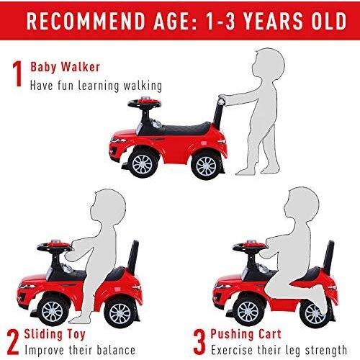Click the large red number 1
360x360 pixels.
click(x=17, y=73)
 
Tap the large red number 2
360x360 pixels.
click(x=13, y=342)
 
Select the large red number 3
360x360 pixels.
click(x=199, y=342)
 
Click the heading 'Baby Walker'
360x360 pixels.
click(x=65, y=67)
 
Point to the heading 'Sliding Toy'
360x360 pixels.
click(x=55, y=335)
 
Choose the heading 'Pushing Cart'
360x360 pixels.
click(x=246, y=334)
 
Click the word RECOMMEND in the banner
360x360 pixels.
click(x=86, y=21)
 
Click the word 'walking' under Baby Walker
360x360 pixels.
click(x=143, y=86)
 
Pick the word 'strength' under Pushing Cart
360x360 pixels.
click(x=326, y=351)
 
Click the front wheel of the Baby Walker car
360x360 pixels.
click(x=143, y=163)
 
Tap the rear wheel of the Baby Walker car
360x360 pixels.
click(x=206, y=166)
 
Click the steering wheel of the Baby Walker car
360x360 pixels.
click(x=145, y=103)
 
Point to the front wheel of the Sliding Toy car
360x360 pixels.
click(x=52, y=312)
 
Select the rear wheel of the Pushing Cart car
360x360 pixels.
click(x=314, y=313)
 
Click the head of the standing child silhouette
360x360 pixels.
click(x=268, y=64)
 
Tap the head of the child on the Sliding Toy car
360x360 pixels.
click(x=108, y=206)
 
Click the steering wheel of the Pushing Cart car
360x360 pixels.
click(x=250, y=247)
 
